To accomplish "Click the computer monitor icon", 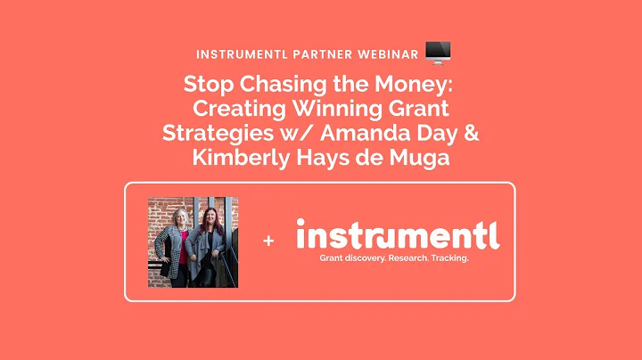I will [x=439, y=52].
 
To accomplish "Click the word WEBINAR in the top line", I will [x=383, y=53].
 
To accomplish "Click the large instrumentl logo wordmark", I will [x=397, y=235].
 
